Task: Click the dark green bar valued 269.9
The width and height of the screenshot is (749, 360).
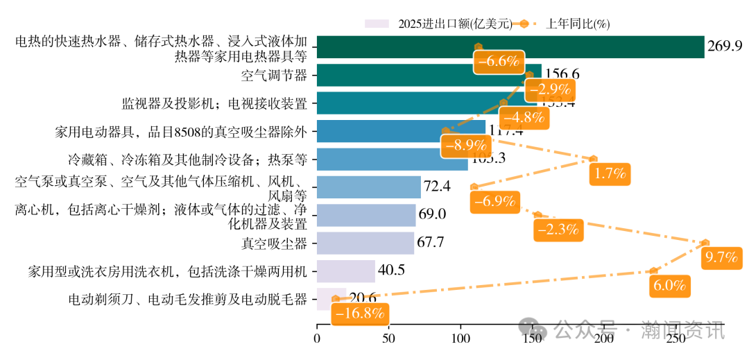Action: click(510, 47)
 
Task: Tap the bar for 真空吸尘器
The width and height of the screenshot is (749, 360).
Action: click(365, 243)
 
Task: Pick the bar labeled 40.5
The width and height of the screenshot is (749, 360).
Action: click(345, 271)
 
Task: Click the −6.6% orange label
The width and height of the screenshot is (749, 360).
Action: click(499, 61)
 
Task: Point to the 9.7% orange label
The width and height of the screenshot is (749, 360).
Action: click(721, 257)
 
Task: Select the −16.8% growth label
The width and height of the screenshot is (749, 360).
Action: click(359, 314)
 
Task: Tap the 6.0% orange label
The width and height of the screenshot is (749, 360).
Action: click(670, 285)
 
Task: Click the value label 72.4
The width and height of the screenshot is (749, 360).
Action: click(437, 187)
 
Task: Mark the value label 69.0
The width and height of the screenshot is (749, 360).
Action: click(431, 215)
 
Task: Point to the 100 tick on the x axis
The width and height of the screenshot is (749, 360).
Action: click(460, 338)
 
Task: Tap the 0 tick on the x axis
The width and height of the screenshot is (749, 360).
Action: click(317, 338)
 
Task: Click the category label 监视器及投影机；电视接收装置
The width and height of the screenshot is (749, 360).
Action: click(214, 103)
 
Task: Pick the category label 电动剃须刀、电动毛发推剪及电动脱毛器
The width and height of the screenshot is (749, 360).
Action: click(187, 300)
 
